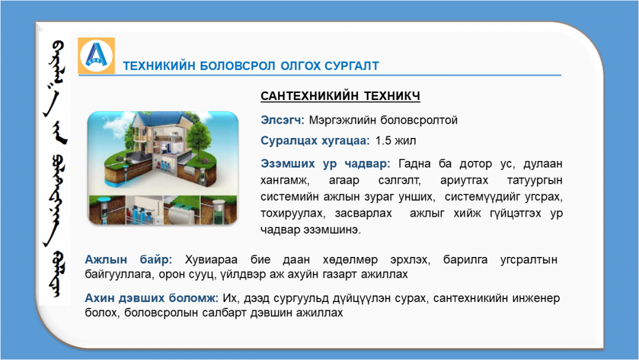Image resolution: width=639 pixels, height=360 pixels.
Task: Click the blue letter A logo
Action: [96, 56]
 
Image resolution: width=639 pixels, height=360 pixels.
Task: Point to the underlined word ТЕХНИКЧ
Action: [392, 96]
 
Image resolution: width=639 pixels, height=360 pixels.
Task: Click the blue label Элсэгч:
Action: [282, 120]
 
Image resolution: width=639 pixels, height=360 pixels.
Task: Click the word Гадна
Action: [414, 164]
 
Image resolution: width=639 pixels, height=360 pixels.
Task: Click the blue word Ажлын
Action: [106, 260]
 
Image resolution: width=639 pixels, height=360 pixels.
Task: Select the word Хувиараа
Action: [211, 260]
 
